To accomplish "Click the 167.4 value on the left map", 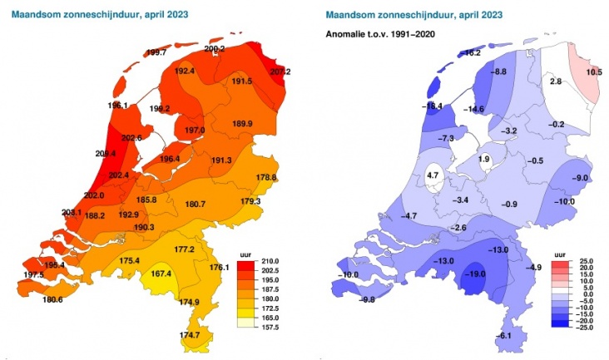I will (161, 274).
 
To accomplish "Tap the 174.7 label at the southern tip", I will (190, 335).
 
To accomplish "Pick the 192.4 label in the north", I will (185, 72).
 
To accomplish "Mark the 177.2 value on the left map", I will (184, 249).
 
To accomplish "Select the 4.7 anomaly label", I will (433, 175).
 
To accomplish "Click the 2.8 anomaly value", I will (557, 81).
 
